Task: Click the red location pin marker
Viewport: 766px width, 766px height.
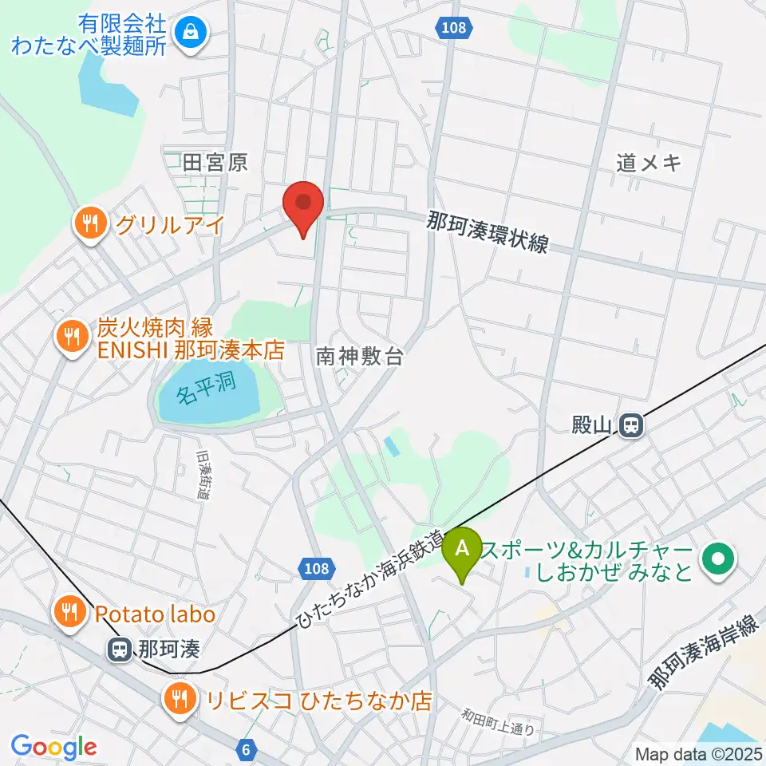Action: (304, 205)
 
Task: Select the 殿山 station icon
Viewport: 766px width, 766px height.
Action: (631, 424)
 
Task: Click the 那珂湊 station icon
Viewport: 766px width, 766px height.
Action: (120, 650)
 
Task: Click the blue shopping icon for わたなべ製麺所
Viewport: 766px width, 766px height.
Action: (191, 33)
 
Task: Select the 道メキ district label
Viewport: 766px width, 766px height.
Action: (650, 163)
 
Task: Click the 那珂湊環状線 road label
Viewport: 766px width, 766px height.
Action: (488, 231)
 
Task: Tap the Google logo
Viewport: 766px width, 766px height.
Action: (53, 747)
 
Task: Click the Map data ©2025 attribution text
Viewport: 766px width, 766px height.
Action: (698, 753)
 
